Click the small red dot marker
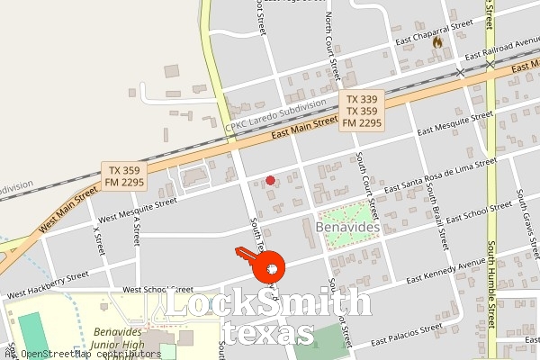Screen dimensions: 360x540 click(271, 181)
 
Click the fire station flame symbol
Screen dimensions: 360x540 click(437, 41)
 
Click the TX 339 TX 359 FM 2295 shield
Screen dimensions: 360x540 click(363, 111)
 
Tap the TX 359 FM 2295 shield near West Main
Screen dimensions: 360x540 click(126, 175)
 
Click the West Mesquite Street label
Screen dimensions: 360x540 click(138, 210)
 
